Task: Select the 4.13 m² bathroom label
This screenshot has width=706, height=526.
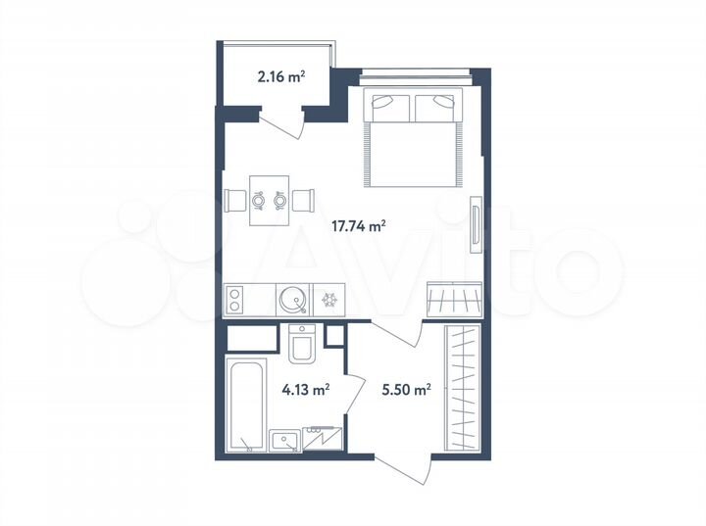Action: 305,388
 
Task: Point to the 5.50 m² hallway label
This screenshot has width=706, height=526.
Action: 407,388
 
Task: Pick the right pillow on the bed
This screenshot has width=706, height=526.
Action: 437,104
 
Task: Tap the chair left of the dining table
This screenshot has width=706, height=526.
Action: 236,201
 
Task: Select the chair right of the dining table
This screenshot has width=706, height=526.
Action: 303,201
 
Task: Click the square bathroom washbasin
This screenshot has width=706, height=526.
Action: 285,441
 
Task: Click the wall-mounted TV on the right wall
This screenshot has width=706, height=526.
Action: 475,224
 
